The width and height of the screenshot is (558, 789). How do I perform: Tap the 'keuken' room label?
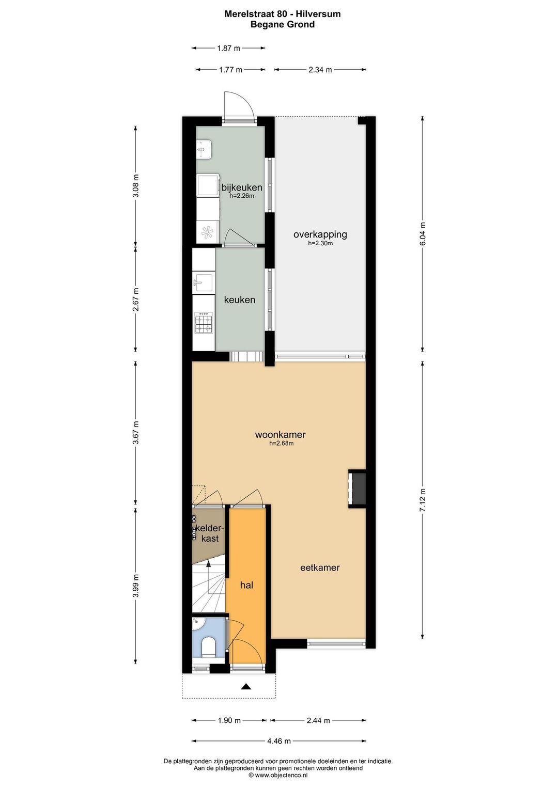point(239,300)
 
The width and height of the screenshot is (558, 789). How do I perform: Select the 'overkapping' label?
point(320,234)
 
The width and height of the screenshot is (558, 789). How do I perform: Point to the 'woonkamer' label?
point(280,435)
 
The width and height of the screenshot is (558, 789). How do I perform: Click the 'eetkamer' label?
point(320,568)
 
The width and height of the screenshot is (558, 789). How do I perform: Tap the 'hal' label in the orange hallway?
point(246,586)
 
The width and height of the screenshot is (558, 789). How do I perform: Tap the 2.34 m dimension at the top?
point(320,70)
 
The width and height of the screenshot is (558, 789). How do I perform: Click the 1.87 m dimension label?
point(228,48)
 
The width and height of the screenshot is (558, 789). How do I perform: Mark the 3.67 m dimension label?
point(136,433)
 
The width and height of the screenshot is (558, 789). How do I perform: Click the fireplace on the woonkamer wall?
point(357,488)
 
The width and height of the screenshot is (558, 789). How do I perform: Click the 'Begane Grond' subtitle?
point(282,25)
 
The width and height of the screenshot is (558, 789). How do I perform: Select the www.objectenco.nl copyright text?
point(278,775)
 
